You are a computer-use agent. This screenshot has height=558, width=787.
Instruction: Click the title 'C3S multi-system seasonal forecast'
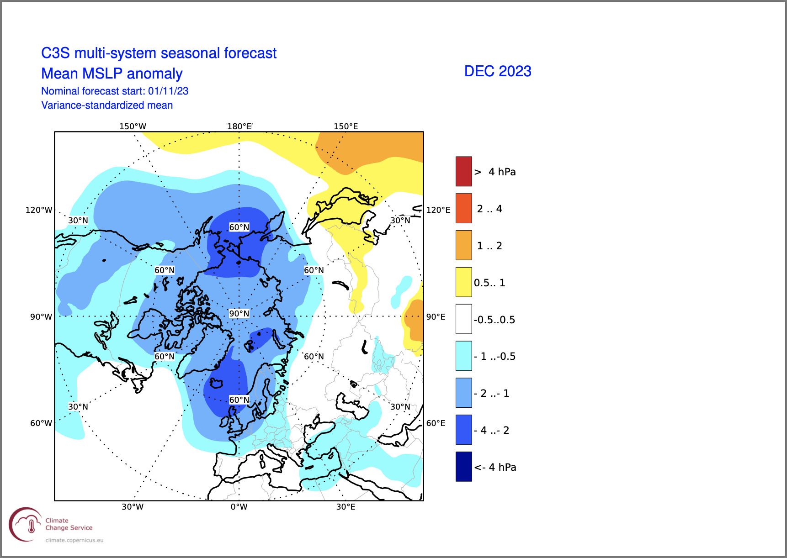coord(159,53)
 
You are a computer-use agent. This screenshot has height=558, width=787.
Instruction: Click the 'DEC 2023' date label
coord(498,71)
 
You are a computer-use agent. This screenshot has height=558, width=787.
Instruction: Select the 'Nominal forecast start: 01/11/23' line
coord(115,91)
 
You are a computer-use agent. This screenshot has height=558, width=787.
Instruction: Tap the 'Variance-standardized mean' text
coord(107,105)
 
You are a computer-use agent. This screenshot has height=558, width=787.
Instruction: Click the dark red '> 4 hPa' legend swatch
coord(463,171)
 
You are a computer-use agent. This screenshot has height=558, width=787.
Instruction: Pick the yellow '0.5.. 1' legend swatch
coord(463,282)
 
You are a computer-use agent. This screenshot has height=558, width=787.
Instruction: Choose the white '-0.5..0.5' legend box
coord(463,319)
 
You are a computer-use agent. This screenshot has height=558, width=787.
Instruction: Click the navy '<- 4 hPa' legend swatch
coord(463,467)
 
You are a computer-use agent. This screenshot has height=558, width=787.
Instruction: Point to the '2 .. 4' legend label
coord(489,209)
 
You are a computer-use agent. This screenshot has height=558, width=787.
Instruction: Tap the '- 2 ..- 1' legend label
coord(491,393)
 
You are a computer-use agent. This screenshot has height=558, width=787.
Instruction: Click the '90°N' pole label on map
coord(239,313)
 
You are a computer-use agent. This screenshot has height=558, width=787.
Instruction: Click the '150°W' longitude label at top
coord(133,126)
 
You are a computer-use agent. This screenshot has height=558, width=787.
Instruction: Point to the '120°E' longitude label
coord(438,210)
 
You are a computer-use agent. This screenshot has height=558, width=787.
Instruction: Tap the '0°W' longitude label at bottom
coord(239,506)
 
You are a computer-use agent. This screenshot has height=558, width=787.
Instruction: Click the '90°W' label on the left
coord(41,316)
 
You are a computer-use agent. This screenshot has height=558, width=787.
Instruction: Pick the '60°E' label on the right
coord(436,423)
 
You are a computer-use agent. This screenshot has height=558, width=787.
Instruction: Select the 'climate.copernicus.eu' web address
coord(74,540)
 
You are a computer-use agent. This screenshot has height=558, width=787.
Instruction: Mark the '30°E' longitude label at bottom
coord(346,506)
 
